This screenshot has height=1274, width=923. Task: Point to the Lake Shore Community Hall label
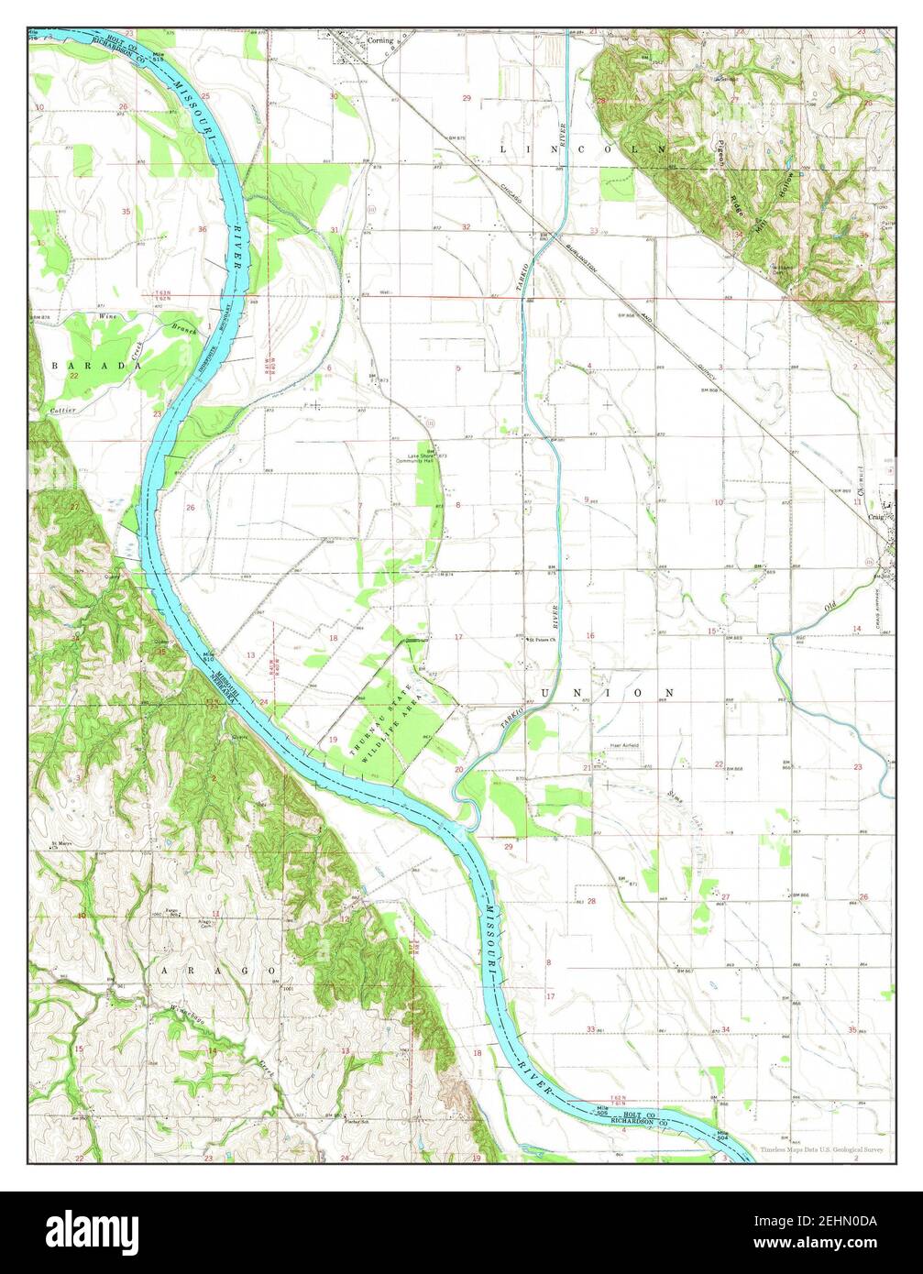pyautogui.click(x=423, y=458)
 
